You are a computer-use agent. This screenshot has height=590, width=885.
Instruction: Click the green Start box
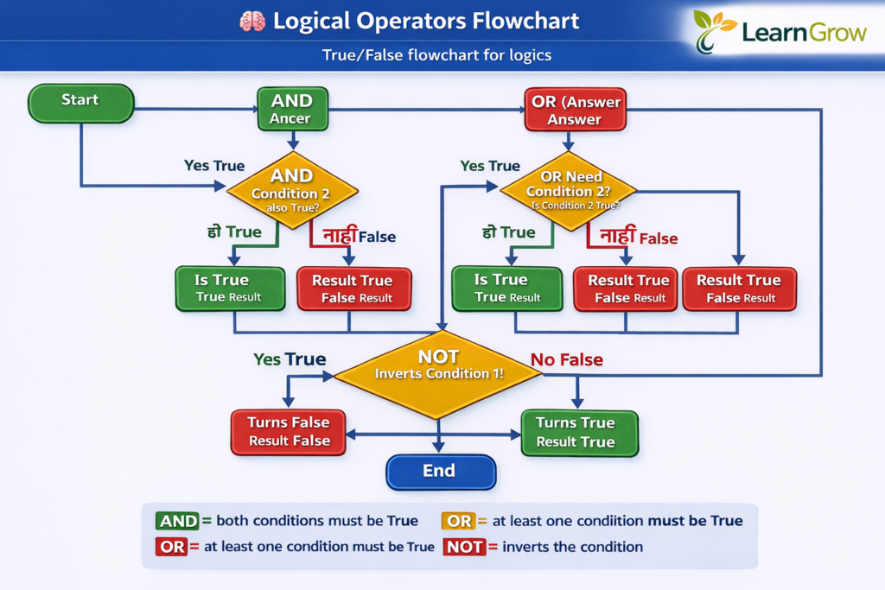click(80, 102)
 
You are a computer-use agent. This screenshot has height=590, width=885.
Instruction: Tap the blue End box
click(440, 472)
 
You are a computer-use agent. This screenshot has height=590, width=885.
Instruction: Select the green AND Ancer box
click(291, 110)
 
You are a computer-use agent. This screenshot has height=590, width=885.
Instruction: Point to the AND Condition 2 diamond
click(293, 191)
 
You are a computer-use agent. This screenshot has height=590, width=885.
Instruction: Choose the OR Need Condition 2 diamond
click(567, 190)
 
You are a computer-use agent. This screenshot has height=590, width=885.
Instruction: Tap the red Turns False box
click(288, 431)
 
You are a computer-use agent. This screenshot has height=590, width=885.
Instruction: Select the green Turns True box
click(578, 432)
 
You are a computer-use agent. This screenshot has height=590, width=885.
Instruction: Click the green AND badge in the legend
click(177, 521)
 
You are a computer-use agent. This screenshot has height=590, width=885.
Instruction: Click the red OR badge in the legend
click(171, 547)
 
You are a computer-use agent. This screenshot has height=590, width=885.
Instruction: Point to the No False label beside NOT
click(566, 359)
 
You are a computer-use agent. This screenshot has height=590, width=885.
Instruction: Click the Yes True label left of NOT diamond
click(289, 359)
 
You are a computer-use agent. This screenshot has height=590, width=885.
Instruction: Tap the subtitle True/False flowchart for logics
click(436, 56)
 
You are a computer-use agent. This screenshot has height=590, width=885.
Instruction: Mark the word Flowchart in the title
click(505, 22)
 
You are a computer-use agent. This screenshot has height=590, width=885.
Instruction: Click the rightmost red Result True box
click(738, 289)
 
